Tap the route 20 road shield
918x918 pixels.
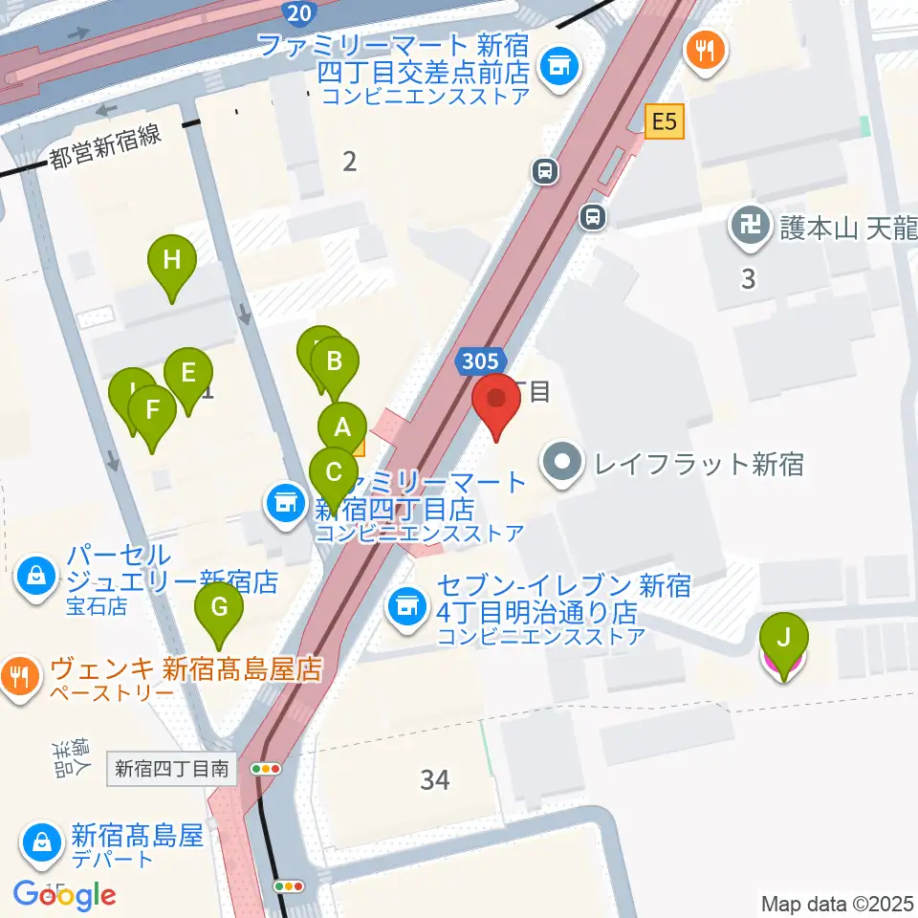[297, 12]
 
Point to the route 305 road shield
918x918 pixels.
[479, 361]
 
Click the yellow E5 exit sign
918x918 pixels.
[665, 122]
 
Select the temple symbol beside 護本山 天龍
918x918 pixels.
[746, 228]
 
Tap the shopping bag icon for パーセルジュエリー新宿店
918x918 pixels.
[36, 577]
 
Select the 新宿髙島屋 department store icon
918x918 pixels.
[43, 842]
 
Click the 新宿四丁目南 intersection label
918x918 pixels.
[172, 768]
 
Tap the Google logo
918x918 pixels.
[65, 895]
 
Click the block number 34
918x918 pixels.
[435, 780]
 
